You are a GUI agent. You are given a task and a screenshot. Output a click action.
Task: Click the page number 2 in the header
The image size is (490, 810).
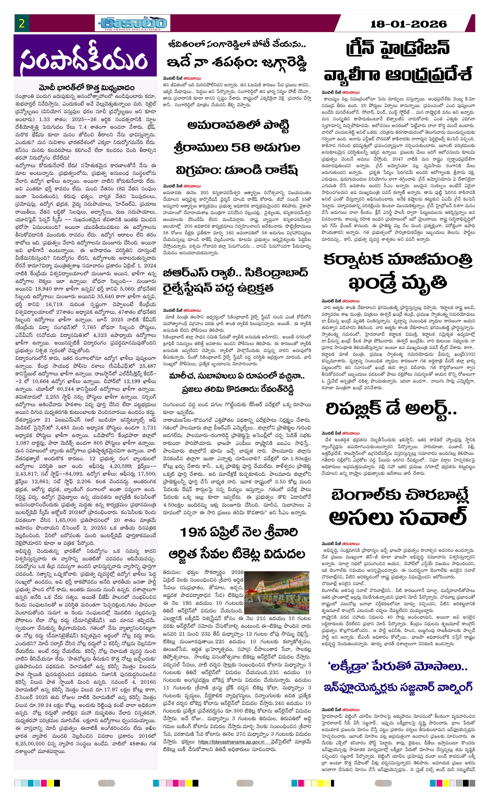(x=22, y=23)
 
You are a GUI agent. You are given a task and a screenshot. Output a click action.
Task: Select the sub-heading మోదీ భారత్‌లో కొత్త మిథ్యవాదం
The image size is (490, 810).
(x=86, y=88)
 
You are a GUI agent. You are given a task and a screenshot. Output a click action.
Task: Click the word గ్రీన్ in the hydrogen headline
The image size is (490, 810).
(x=365, y=49)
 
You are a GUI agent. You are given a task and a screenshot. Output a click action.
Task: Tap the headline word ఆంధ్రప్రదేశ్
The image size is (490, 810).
(x=429, y=75)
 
